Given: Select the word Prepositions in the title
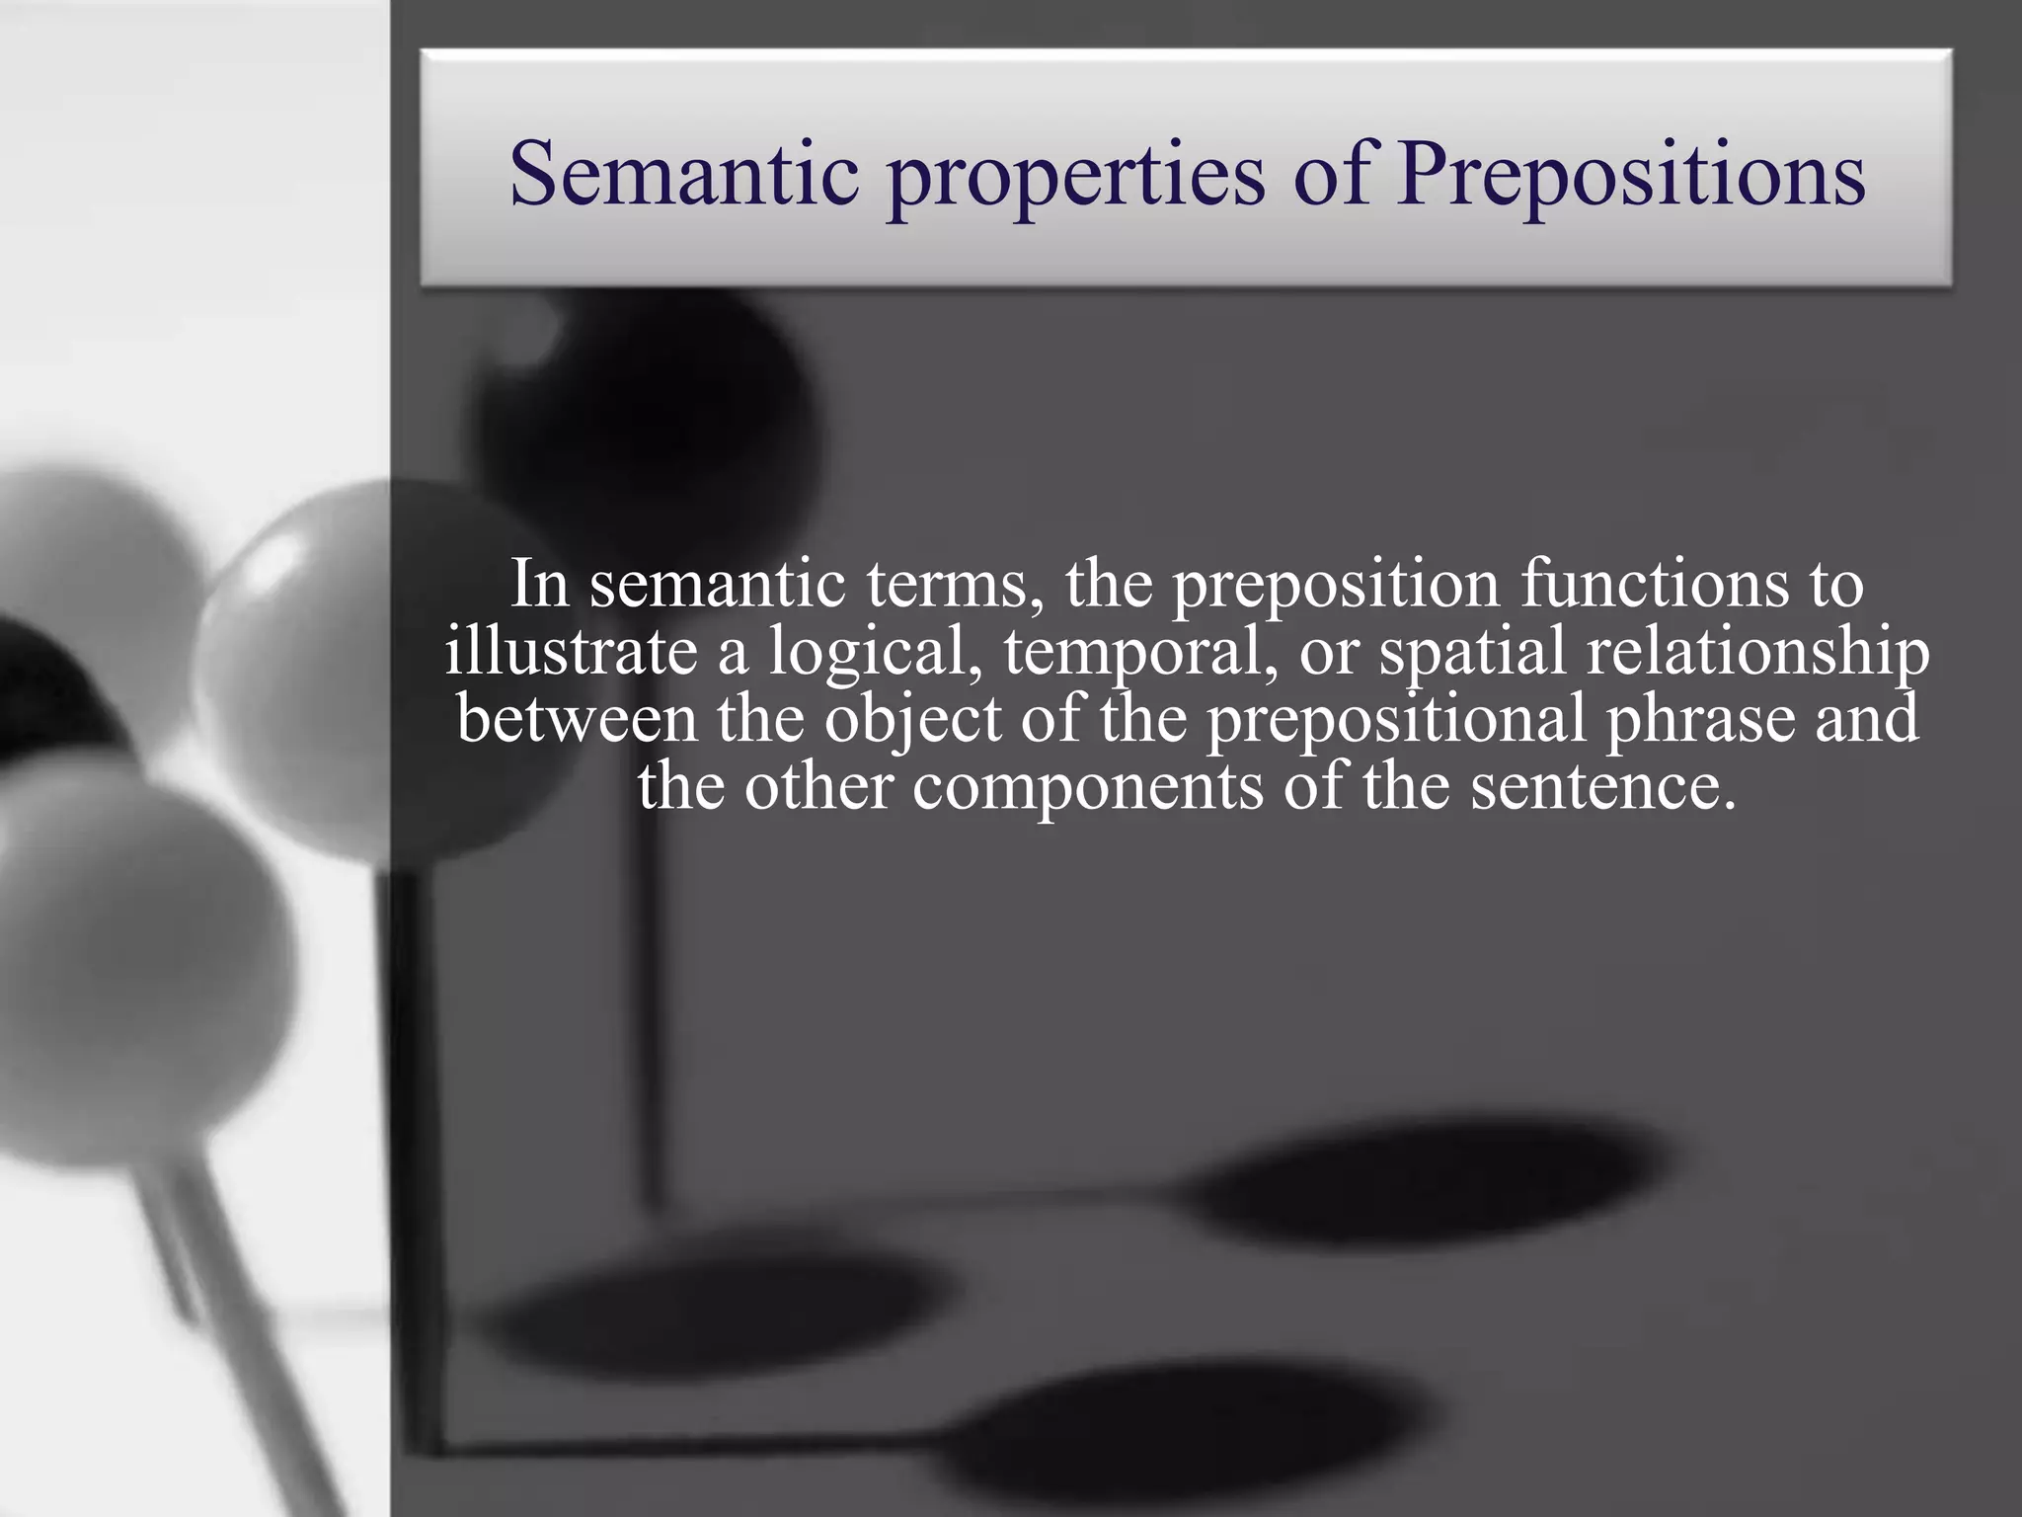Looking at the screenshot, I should pos(1631,176).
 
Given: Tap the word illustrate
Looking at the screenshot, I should pos(571,652).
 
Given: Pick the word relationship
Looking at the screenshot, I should pos(1757,654).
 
